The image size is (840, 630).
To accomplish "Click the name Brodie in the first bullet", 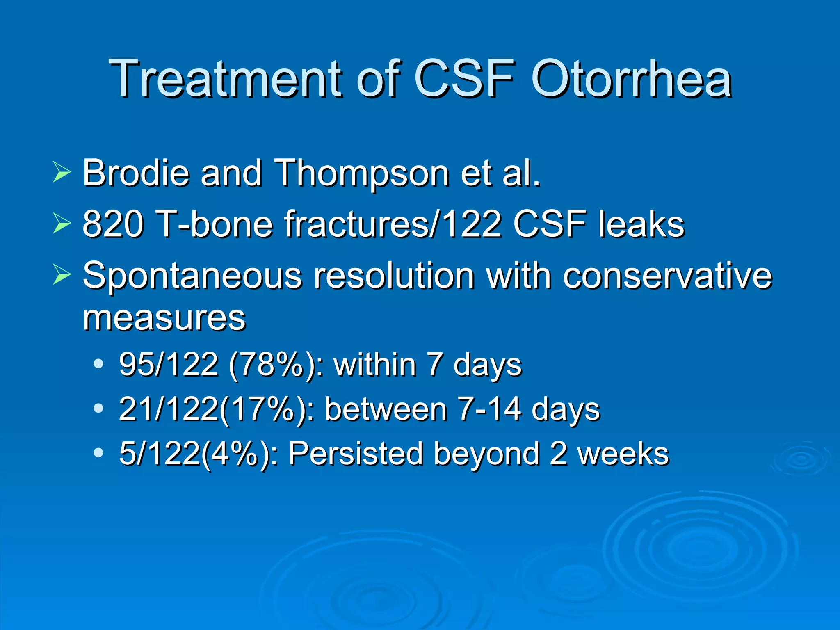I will click(x=136, y=173).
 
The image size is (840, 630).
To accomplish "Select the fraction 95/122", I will click(x=168, y=364).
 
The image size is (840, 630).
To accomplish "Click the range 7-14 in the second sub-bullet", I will click(x=490, y=409).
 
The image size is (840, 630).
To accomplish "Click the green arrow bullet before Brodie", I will click(x=62, y=173).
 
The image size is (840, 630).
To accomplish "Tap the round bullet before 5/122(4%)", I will click(x=98, y=453).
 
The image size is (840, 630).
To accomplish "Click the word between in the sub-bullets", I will click(x=386, y=409).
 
